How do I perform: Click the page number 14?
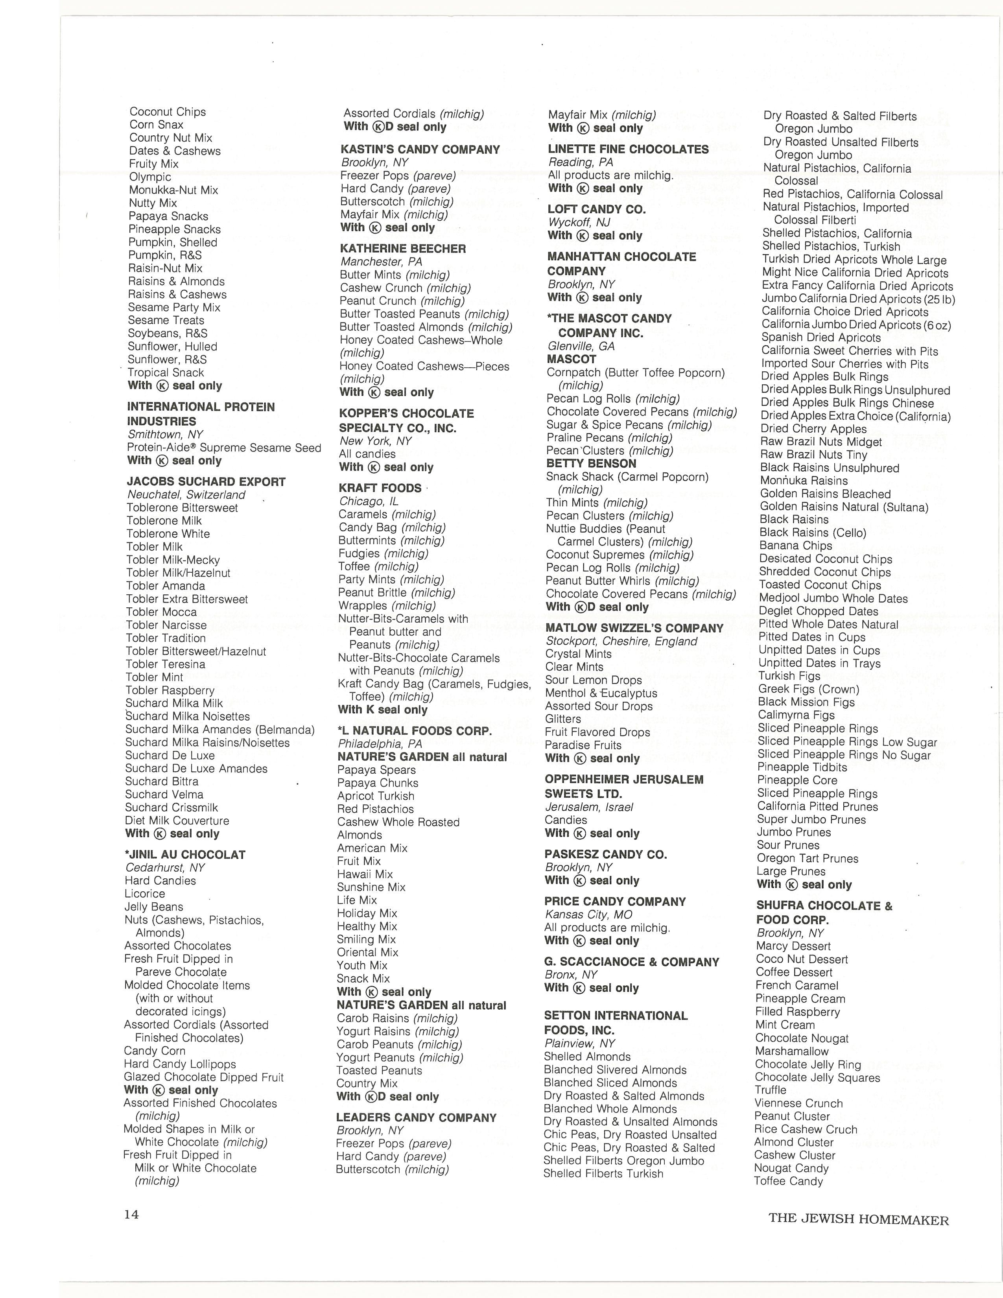pos(131,1214)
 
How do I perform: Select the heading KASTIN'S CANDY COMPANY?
pos(420,150)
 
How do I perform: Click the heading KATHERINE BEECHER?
pos(403,249)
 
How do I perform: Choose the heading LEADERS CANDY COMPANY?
pos(416,1117)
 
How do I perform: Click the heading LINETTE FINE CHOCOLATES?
pos(628,149)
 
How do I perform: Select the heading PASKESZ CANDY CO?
pos(605,854)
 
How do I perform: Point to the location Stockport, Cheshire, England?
pos(621,641)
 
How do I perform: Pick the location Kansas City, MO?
pos(588,914)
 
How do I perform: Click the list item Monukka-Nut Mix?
pos(173,190)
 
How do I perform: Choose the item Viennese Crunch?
pos(798,1103)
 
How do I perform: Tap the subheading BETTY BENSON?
pos(591,464)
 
